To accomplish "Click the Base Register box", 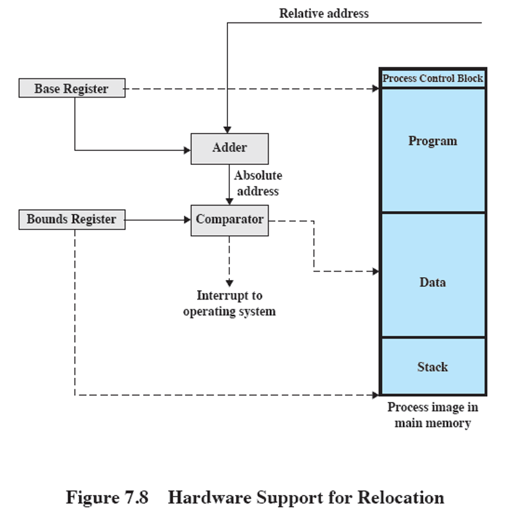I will point(72,89).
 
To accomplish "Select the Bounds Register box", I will point(72,220).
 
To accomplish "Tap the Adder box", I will point(229,149).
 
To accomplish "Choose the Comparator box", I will point(229,220).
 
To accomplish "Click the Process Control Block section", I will point(432,79).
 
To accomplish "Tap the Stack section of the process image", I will point(432,366).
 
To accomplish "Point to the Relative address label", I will point(323,13).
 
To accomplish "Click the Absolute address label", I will point(258,183).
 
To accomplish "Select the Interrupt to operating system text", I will point(229,304).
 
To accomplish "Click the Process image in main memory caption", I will point(432,415).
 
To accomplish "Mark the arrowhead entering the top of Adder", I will point(227,130).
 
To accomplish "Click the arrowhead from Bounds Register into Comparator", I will point(187,220).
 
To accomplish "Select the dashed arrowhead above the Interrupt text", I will point(229,283).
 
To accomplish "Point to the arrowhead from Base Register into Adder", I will point(187,150).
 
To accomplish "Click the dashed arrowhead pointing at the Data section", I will point(375,271).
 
